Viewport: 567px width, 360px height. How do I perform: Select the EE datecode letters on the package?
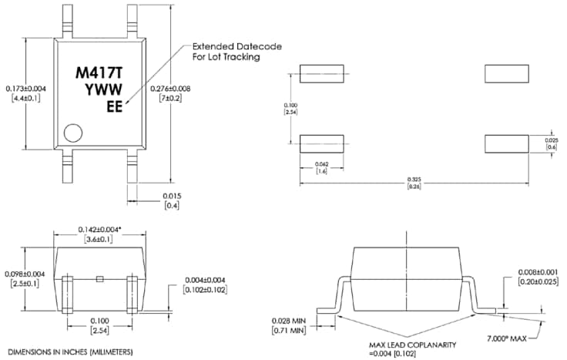click(x=113, y=108)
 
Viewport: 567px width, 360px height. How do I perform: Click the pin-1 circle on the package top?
click(x=74, y=133)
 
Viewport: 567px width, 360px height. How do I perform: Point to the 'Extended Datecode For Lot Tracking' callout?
click(x=226, y=52)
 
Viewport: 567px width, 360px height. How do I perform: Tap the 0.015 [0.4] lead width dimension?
click(x=172, y=201)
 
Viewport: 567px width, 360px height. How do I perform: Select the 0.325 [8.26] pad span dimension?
click(x=414, y=183)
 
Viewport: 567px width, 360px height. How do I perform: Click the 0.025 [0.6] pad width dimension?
click(x=551, y=143)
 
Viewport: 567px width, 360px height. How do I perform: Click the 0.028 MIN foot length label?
click(x=289, y=325)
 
